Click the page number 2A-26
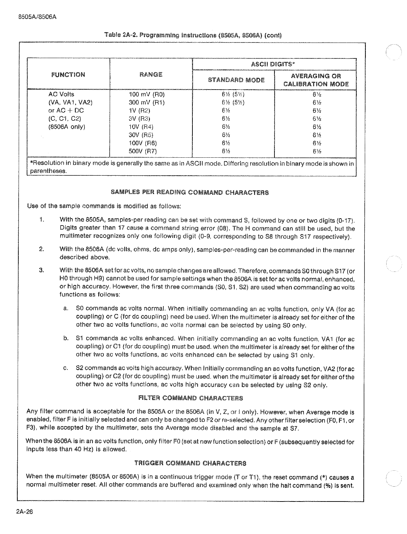(24, 512)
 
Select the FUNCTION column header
(68, 74)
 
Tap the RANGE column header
(151, 74)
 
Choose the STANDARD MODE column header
(236, 80)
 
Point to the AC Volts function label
(61, 94)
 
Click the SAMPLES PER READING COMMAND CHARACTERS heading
(190, 192)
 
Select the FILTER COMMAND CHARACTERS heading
(190, 398)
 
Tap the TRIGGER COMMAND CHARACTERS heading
(190, 463)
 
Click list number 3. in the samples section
(41, 270)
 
